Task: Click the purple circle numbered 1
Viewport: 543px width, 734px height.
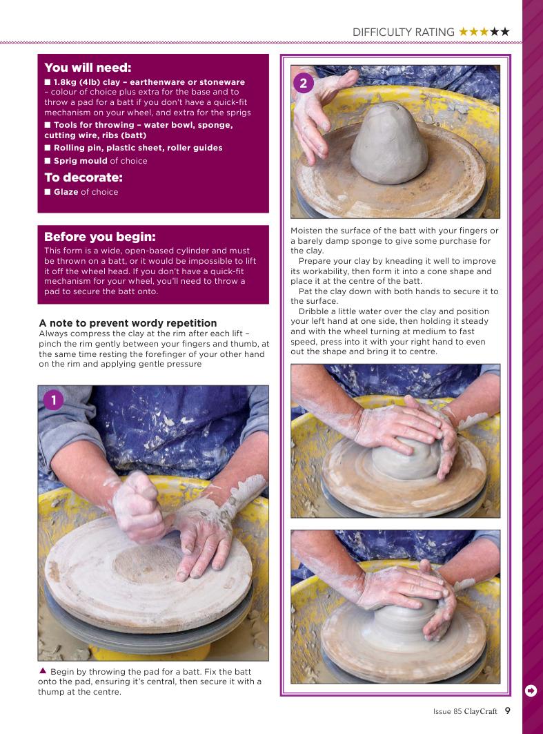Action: click(53, 400)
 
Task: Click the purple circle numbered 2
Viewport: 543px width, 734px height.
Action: click(303, 84)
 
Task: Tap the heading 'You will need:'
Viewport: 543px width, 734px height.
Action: click(88, 68)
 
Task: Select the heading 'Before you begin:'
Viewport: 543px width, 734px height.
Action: click(99, 236)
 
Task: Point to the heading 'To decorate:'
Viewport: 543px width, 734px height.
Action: click(83, 177)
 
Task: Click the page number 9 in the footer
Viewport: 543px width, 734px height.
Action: click(507, 711)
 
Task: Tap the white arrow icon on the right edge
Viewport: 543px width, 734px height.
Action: click(531, 690)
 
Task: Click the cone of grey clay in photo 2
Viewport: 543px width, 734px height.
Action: click(388, 143)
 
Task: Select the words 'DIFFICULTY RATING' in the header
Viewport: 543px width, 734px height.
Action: click(403, 32)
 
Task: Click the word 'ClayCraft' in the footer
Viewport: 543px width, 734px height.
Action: click(480, 711)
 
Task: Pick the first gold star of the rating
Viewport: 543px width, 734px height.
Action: click(464, 32)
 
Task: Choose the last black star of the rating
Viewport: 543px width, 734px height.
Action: click(504, 32)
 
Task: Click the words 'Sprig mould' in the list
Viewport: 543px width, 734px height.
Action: click(81, 161)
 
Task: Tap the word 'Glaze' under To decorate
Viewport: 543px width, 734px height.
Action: click(66, 192)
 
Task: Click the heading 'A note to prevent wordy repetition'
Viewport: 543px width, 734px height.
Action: click(128, 323)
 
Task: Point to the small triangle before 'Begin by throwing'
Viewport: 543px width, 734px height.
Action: click(43, 670)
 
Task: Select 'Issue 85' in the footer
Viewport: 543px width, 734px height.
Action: click(447, 711)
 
